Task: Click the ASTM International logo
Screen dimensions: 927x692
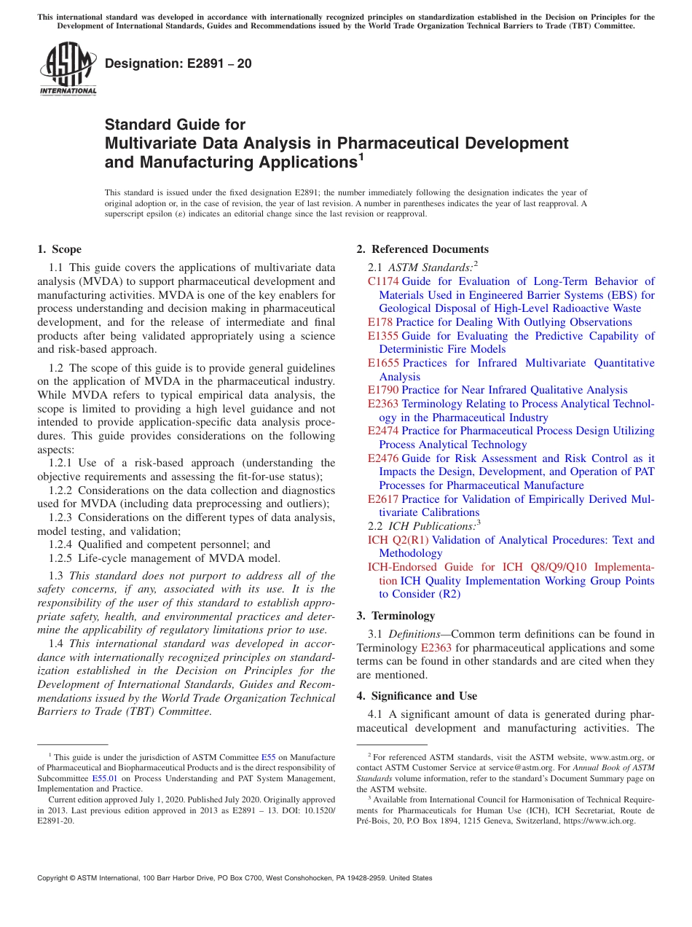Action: click(68, 69)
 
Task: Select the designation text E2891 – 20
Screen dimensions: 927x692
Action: click(178, 63)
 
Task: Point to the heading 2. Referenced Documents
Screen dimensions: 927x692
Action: click(422, 249)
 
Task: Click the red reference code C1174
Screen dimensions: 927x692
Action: click(383, 281)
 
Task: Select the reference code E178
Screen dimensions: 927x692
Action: click(380, 322)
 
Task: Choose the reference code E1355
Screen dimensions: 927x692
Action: click(383, 336)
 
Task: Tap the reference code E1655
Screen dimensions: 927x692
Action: click(383, 363)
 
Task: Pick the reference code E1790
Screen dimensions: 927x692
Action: click(383, 390)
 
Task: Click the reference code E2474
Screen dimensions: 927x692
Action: click(383, 431)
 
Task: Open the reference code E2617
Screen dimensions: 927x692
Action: click(383, 499)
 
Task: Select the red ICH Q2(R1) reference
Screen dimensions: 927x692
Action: click(398, 540)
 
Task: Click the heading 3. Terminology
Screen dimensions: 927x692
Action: click(403, 616)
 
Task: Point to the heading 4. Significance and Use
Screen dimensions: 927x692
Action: click(417, 696)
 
